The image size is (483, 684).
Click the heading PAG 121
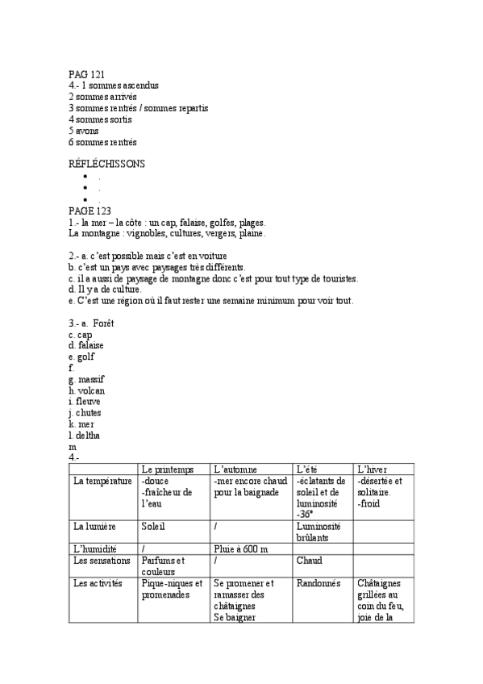tap(87, 74)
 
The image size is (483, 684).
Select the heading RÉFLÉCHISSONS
tap(107, 163)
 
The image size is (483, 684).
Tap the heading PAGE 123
tap(90, 211)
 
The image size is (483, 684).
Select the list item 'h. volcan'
tap(87, 390)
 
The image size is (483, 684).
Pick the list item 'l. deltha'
tap(87, 435)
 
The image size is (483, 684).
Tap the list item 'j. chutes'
tap(85, 412)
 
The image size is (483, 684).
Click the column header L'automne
tap(235, 469)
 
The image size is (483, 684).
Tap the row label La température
tap(102, 482)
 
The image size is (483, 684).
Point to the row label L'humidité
tap(96, 548)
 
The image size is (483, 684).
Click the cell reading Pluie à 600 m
tap(241, 548)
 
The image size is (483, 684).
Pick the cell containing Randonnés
tap(319, 583)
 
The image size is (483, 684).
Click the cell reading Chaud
tap(310, 561)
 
